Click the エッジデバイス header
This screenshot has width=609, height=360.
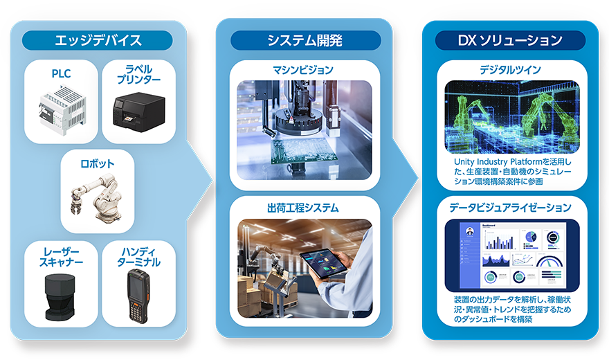pyautogui.click(x=97, y=40)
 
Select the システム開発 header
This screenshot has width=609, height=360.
pyautogui.click(x=305, y=40)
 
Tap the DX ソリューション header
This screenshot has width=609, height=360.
pyautogui.click(x=510, y=40)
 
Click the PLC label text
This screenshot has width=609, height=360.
pyautogui.click(x=61, y=73)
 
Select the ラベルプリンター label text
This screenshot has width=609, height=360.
pyautogui.click(x=138, y=74)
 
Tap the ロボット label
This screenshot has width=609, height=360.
pyautogui.click(x=97, y=163)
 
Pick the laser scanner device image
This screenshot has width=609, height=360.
pyautogui.click(x=60, y=297)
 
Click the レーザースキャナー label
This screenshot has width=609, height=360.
pyautogui.click(x=61, y=257)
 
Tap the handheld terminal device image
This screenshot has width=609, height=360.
pyautogui.click(x=138, y=296)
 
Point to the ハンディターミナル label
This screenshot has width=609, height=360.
pyautogui.click(x=138, y=257)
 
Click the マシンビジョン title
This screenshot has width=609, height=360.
pyautogui.click(x=303, y=70)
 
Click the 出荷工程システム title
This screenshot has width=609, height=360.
pyautogui.click(x=303, y=208)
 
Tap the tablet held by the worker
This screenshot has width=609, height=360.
pyautogui.click(x=323, y=263)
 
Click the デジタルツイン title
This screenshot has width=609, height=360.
pyautogui.click(x=510, y=70)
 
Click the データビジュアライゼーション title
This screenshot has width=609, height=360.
pyautogui.click(x=510, y=208)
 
